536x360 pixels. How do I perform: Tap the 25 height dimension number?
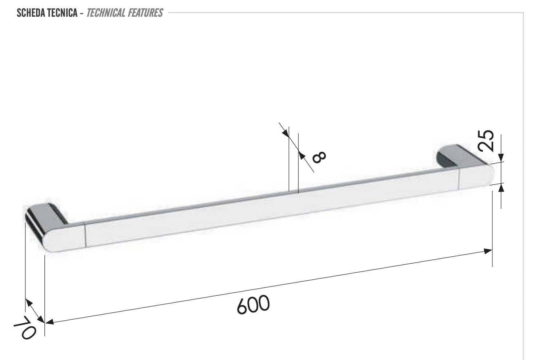click(486, 140)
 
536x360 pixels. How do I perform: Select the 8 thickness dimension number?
click(319, 157)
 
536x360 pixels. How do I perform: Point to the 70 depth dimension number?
click(25, 327)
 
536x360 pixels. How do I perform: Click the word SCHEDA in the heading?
click(31, 13)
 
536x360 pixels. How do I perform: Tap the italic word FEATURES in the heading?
click(145, 13)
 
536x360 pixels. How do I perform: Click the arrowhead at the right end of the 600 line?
click(488, 251)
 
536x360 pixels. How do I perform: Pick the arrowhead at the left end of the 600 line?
click(49, 322)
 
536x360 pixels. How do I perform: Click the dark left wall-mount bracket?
click(45, 215)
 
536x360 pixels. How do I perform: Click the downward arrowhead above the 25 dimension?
click(501, 158)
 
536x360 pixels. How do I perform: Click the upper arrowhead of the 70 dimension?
click(28, 302)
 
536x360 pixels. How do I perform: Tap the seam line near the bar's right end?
click(459, 178)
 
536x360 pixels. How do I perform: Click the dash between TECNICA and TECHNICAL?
click(82, 14)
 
